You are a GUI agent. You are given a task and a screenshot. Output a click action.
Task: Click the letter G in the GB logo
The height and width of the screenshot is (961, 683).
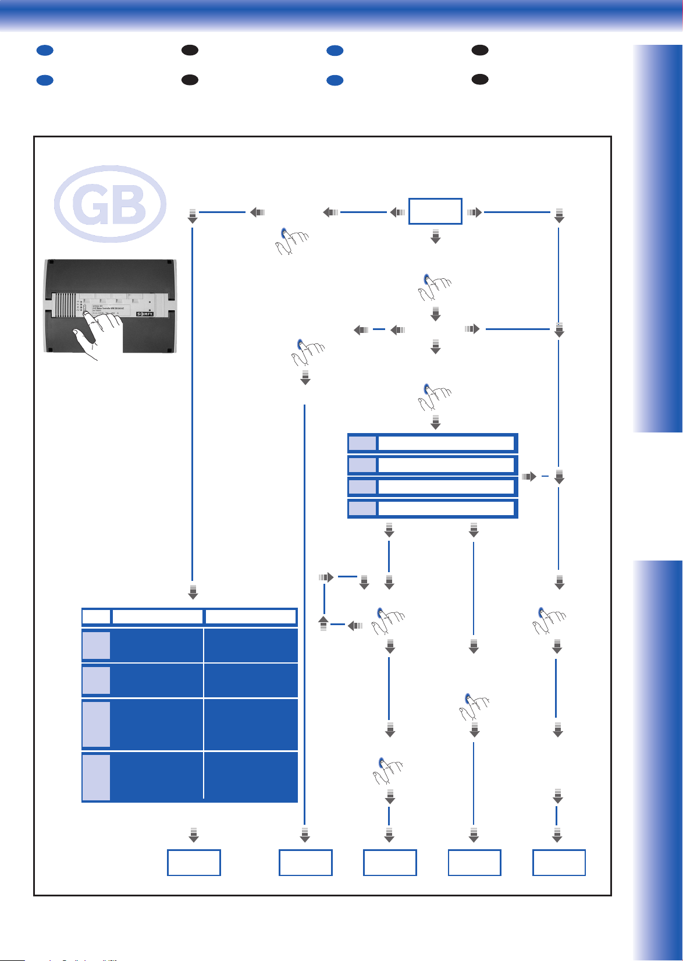coord(90,205)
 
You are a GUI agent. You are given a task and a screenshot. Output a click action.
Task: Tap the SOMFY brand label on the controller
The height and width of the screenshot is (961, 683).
coord(145,314)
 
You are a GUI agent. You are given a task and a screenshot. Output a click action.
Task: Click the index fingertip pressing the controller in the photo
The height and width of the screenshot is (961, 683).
coord(87,315)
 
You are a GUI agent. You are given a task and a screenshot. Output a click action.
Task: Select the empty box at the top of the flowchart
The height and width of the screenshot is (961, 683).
coord(435,211)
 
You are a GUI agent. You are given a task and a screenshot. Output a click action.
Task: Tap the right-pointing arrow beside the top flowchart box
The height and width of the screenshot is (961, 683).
coord(474,212)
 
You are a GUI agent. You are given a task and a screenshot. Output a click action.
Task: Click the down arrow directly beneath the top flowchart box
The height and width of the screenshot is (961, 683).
coord(435,236)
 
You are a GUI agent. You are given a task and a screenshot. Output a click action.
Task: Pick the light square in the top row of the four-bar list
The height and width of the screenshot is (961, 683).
coord(362,444)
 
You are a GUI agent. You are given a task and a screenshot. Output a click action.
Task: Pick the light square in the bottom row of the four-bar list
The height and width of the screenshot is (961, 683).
coord(362,509)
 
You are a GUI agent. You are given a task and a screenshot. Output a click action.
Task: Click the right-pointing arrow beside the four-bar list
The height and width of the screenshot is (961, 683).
coord(529,477)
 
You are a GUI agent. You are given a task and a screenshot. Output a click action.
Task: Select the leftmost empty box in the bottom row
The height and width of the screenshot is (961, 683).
coord(194,863)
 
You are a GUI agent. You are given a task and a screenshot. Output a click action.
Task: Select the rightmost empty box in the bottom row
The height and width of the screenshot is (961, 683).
coord(559,863)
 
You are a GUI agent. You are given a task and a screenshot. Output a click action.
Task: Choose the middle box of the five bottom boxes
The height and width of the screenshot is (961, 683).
coord(390,863)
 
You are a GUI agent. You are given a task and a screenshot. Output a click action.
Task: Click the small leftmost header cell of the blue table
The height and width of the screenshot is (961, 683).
coord(96,616)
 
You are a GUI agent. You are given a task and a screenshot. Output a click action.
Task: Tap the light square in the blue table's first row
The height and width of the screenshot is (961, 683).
coord(96,646)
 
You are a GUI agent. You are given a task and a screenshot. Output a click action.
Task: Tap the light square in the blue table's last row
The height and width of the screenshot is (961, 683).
coord(96,777)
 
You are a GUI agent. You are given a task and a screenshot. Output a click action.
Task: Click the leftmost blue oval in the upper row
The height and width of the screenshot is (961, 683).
coord(45,51)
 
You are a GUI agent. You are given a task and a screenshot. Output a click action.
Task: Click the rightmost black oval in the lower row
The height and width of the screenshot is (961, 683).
coord(480,79)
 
